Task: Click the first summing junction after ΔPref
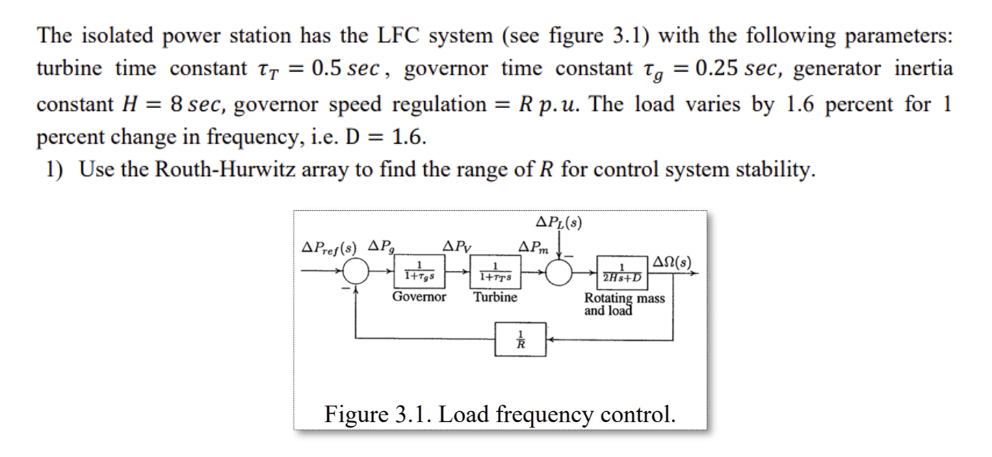click(356, 273)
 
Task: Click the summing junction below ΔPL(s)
click(560, 272)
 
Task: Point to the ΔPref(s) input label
click(330, 246)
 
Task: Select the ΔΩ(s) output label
click(673, 261)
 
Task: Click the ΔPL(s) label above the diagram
click(560, 222)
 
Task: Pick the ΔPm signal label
click(534, 246)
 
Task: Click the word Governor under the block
click(419, 297)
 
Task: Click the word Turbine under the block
click(496, 297)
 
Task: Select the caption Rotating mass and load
click(623, 304)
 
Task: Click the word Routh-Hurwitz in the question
click(222, 170)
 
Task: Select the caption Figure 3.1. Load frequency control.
click(499, 414)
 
